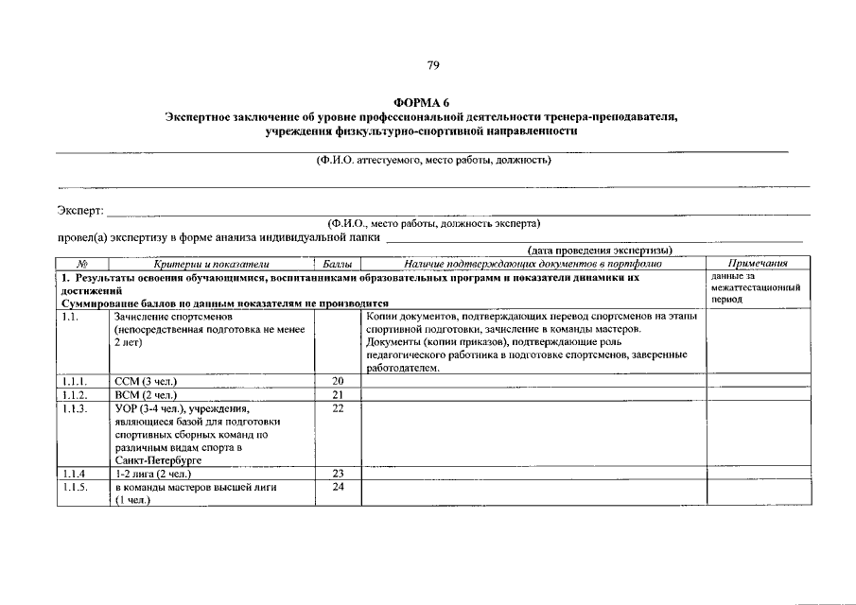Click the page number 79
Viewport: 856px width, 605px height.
(432, 65)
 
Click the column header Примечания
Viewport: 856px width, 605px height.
(759, 263)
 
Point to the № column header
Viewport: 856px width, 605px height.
(82, 263)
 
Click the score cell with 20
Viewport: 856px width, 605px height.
(338, 380)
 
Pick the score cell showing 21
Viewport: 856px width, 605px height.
(338, 394)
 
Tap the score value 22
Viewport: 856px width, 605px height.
(338, 408)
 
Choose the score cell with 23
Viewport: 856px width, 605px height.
(338, 473)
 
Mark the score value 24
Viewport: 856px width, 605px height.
(338, 487)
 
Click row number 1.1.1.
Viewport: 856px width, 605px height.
(75, 380)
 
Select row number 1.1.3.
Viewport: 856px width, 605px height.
(75, 408)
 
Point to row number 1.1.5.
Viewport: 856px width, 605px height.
(75, 487)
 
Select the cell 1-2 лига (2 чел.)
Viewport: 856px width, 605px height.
(153, 473)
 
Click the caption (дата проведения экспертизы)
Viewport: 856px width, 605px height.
(601, 250)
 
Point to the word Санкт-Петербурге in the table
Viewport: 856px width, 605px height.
(154, 459)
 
